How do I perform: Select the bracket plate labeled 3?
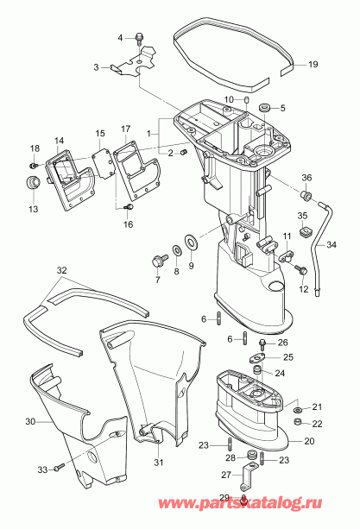[138, 64]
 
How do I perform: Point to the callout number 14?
[60, 141]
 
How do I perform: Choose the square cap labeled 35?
[304, 230]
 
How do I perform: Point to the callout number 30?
[29, 422]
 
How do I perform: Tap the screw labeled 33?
[57, 468]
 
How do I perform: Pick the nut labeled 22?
[298, 423]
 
